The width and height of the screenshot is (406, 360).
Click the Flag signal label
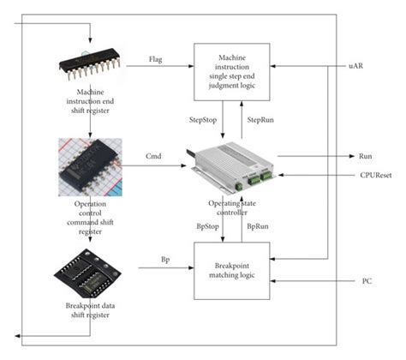click(x=156, y=62)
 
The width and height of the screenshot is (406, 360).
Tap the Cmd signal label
click(x=155, y=157)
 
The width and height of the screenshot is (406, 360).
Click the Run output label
click(x=364, y=157)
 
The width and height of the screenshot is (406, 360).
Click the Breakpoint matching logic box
click(x=231, y=270)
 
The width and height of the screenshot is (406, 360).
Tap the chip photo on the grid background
click(x=87, y=166)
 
